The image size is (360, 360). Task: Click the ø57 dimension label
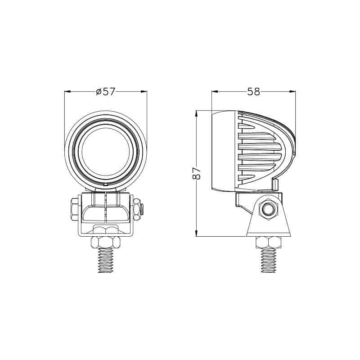tap(106, 91)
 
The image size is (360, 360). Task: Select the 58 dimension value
tap(254, 91)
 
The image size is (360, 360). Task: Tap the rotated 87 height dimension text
tap(196, 174)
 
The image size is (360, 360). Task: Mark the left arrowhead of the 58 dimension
tap(215, 91)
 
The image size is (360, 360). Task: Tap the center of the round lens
tap(106, 151)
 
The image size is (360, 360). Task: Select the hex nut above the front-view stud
tap(106, 243)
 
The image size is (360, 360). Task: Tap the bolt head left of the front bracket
tap(73, 209)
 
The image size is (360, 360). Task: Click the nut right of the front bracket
tap(138, 209)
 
